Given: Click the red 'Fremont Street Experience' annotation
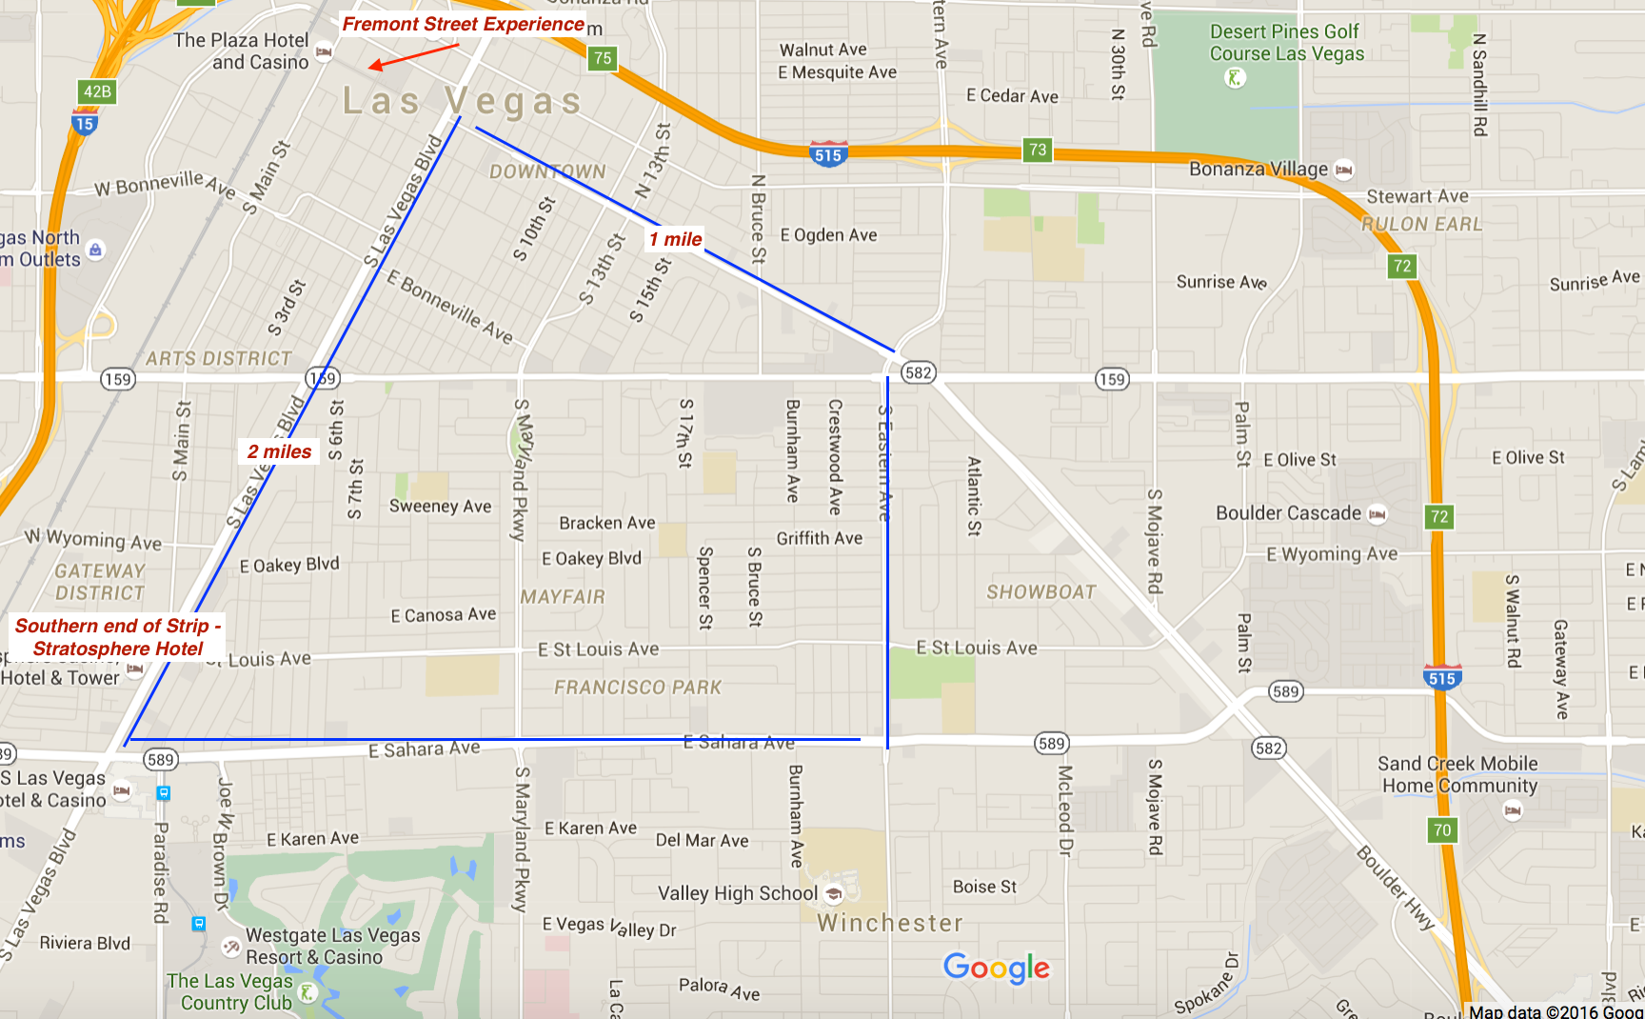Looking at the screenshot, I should (463, 24).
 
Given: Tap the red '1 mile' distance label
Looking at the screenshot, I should (676, 239).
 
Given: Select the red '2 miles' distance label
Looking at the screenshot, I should (279, 451).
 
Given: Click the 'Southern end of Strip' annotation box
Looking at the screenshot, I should (117, 637).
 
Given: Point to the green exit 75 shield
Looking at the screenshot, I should (603, 58).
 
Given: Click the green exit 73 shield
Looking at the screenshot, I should (1038, 150).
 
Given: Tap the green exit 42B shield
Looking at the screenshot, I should (97, 91).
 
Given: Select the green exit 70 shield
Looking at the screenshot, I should (1442, 829).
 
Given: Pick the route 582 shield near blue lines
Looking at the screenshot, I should (919, 372).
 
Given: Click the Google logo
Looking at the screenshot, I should (996, 968).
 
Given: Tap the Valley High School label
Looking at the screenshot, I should (738, 893).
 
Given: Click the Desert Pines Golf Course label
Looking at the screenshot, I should (1286, 43).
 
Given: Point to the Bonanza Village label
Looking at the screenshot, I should (1259, 169).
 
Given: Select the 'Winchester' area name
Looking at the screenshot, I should (890, 922).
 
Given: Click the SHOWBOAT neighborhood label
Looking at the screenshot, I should (1041, 591).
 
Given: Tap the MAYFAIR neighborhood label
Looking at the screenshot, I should (563, 596).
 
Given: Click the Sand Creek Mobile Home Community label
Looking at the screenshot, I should (1458, 774).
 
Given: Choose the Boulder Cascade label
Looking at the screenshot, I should (1288, 512).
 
